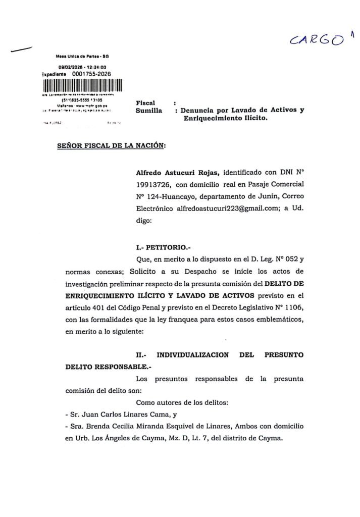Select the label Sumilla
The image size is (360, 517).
[150, 111]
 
